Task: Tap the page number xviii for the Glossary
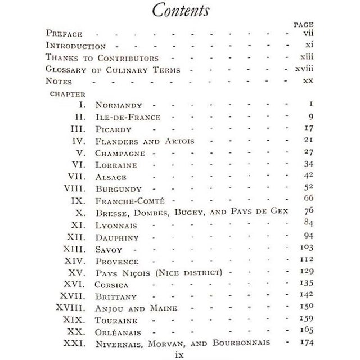[302, 69]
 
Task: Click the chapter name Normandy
[119, 105]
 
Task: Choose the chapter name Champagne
[121, 152]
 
